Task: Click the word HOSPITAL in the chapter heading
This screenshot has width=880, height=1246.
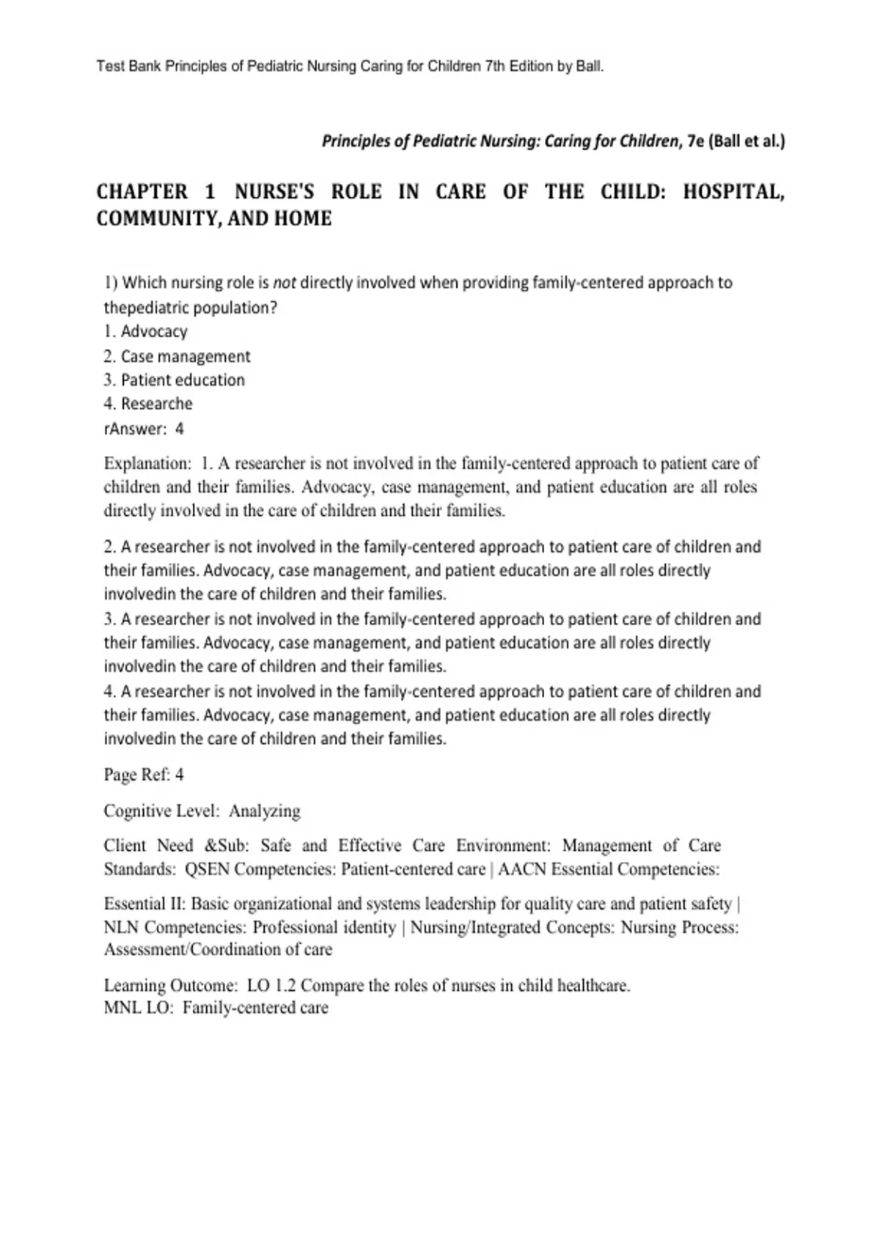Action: [733, 192]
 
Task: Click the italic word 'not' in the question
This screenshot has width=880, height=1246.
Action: [285, 283]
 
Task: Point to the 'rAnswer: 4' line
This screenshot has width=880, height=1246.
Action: [144, 429]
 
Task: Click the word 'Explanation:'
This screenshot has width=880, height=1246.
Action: [147, 463]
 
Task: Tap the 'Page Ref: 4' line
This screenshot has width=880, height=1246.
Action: [144, 775]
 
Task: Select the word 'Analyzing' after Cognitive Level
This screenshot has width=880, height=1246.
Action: [265, 811]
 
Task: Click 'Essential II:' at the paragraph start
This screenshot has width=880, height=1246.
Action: [144, 904]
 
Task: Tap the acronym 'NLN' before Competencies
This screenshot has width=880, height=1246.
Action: [121, 927]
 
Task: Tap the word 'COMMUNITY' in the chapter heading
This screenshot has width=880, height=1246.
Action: [152, 218]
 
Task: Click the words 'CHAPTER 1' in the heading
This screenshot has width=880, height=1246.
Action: [156, 192]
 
